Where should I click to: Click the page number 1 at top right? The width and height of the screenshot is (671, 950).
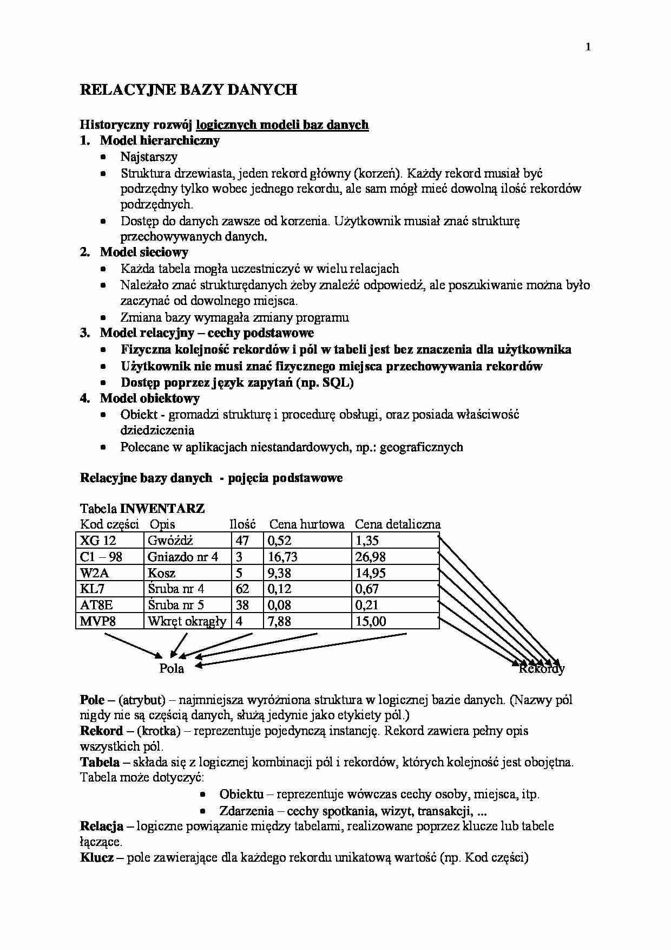click(588, 48)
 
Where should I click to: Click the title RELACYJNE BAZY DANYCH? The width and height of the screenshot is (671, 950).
click(188, 90)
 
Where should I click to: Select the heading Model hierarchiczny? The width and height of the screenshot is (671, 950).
click(160, 141)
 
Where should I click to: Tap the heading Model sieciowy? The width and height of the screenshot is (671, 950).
click(144, 252)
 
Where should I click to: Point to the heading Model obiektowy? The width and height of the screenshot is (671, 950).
click(149, 399)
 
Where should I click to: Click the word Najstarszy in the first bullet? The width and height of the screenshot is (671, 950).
click(149, 157)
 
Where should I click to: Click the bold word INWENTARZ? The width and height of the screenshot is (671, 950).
click(162, 509)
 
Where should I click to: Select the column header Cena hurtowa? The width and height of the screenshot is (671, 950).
click(307, 524)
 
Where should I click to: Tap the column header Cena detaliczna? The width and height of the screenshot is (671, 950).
click(397, 524)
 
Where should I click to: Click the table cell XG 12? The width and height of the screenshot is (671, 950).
click(98, 541)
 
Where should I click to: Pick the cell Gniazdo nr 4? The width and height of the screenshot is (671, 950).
click(182, 557)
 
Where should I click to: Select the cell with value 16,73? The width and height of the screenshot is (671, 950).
click(282, 557)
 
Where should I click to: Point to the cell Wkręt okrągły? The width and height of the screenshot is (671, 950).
click(187, 621)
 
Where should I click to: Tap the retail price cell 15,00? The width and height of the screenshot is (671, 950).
click(371, 621)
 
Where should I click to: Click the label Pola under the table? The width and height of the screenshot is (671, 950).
click(172, 669)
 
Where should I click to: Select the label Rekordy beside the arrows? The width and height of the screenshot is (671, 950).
click(542, 669)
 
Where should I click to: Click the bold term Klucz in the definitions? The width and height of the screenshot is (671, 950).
click(96, 858)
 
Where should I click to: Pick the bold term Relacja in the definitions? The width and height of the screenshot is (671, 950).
click(101, 827)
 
